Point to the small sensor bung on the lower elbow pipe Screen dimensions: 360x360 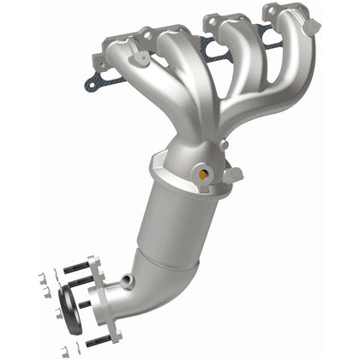[126, 281]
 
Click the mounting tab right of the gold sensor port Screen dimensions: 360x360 [231, 176]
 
